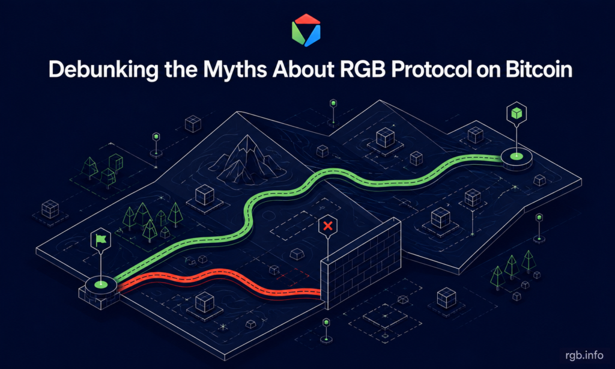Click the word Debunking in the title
103,70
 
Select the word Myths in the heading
235,69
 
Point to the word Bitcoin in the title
539,69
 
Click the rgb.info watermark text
584,355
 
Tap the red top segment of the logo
307,19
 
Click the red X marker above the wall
328,226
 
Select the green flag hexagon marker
101,239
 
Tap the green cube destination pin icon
517,113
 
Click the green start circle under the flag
101,283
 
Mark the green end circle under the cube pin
517,156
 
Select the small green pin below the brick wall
326,330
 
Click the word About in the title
303,69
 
